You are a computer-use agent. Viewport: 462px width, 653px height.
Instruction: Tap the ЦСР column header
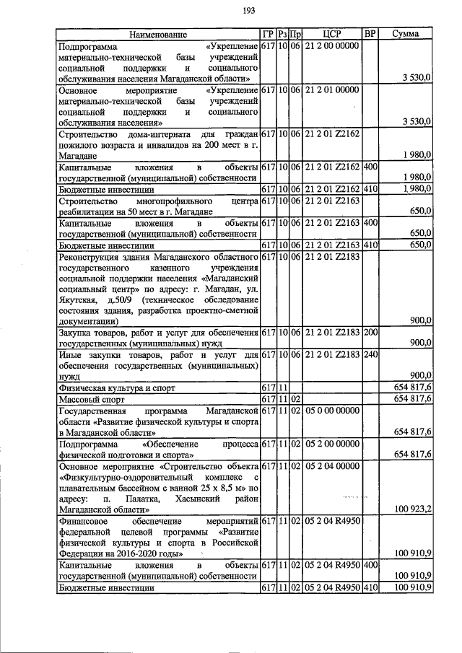point(331,35)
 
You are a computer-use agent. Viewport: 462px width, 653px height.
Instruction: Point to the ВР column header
point(370,35)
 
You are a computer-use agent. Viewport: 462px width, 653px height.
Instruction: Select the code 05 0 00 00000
point(331,411)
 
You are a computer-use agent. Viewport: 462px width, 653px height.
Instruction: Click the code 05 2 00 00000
point(331,444)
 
